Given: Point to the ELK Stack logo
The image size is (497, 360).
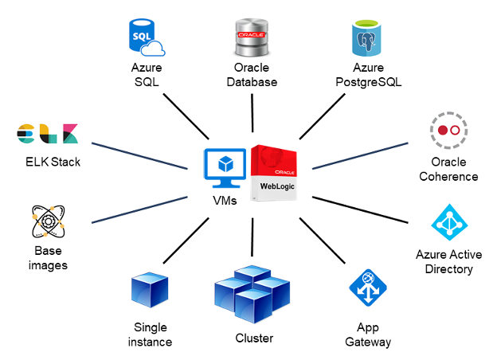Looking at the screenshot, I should (x=48, y=134).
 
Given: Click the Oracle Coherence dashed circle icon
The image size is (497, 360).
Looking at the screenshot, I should (x=449, y=129).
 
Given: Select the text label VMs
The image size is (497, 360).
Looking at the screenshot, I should (x=225, y=202).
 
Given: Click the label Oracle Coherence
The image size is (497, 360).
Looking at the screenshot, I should (x=448, y=169).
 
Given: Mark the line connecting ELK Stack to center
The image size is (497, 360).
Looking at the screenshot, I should (x=139, y=155).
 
